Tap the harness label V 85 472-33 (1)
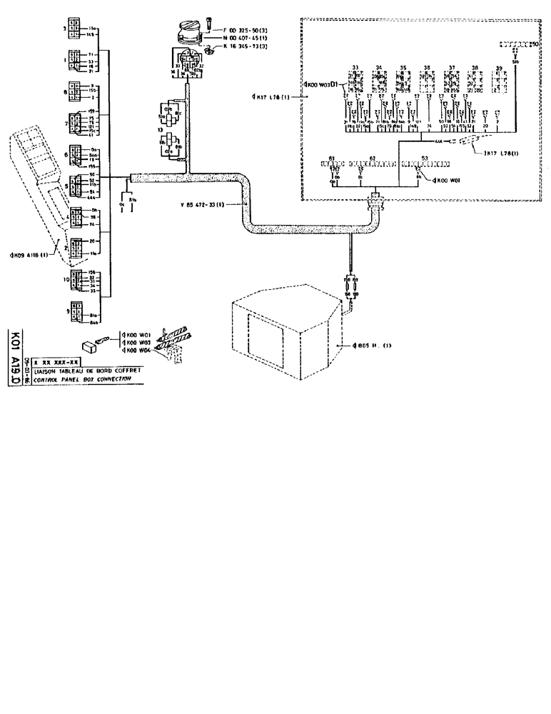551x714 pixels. [x=203, y=204]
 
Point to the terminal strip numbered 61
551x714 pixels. [x=333, y=164]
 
